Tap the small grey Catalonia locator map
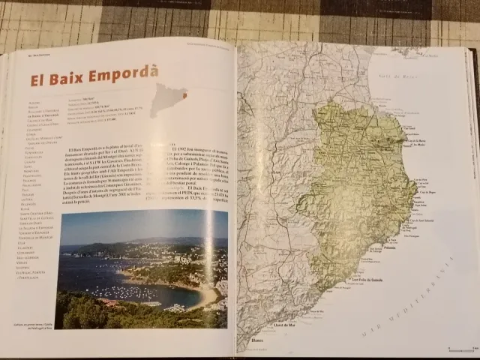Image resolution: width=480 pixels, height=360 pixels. pyautogui.click(x=169, y=98)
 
